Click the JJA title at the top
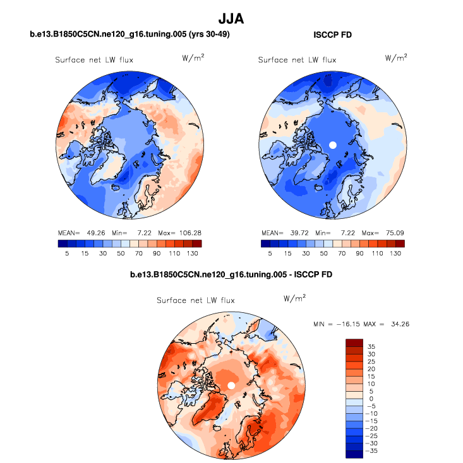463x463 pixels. point(231,20)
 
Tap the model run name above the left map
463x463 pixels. point(129,35)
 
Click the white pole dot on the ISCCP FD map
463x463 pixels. point(334,144)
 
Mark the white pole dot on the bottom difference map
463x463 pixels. point(231,385)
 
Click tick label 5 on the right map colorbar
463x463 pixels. point(269,253)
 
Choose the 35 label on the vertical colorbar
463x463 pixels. point(371,346)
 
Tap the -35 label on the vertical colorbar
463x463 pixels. point(373,452)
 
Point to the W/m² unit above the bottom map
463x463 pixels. point(294,298)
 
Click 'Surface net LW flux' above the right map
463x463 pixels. point(298,60)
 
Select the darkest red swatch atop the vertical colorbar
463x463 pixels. point(354,343)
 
